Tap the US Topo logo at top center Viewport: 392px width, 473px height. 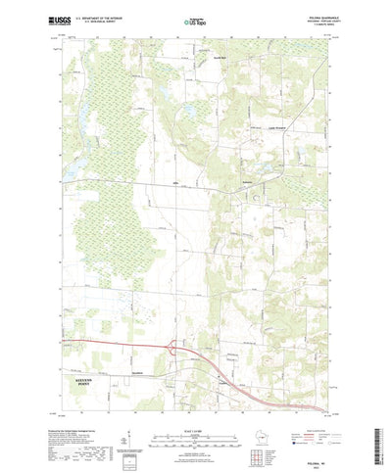point(195,20)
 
